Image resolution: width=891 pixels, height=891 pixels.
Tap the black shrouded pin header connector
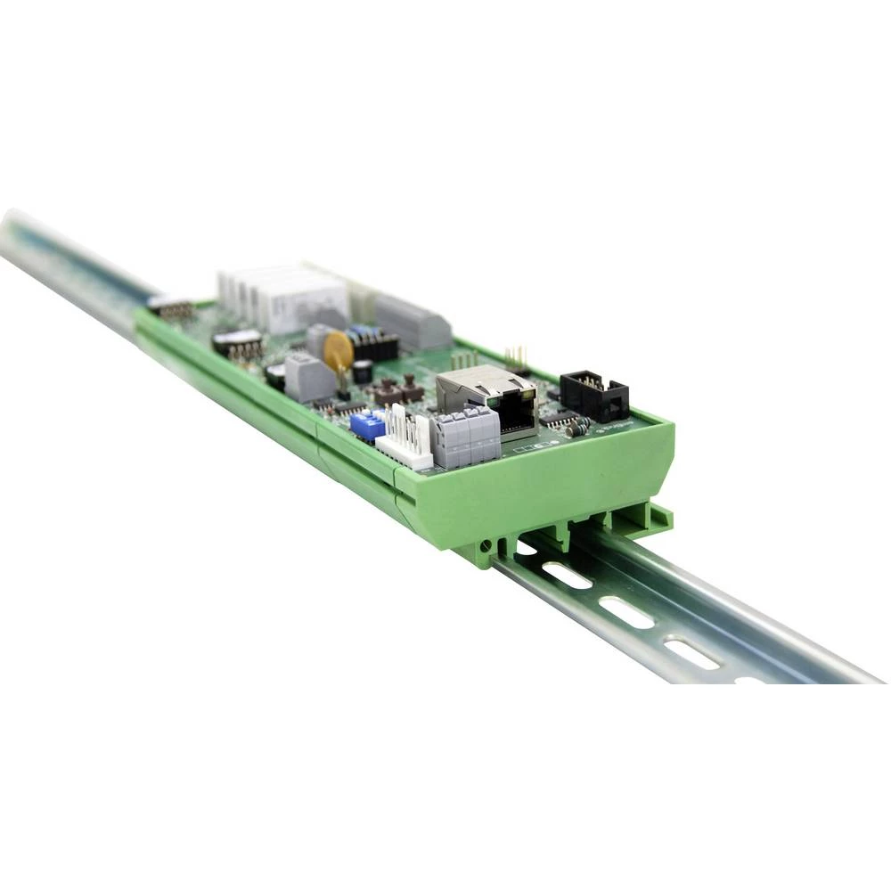coord(594,395)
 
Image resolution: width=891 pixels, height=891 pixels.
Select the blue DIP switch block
coord(367,425)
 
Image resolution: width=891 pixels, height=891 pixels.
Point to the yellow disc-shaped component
coord(339,352)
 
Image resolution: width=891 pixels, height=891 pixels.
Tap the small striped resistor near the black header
coord(577,427)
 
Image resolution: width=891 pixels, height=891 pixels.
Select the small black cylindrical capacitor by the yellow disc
coord(363,372)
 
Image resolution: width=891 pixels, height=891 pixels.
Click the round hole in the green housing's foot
coord(486,544)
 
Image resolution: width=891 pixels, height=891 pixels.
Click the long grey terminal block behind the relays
coord(413,323)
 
